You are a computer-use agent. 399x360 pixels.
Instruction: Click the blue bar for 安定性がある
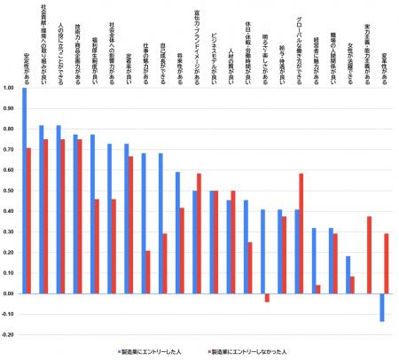24,190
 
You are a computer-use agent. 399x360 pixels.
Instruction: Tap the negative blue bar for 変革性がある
382,307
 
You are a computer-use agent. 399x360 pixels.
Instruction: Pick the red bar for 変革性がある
387,263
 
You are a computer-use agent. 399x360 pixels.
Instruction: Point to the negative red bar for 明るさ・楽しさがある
268,298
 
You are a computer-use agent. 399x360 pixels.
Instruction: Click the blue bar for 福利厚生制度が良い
92,214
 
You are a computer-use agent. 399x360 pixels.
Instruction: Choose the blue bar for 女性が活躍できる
348,274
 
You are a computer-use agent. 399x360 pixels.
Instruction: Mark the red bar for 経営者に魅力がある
318,288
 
